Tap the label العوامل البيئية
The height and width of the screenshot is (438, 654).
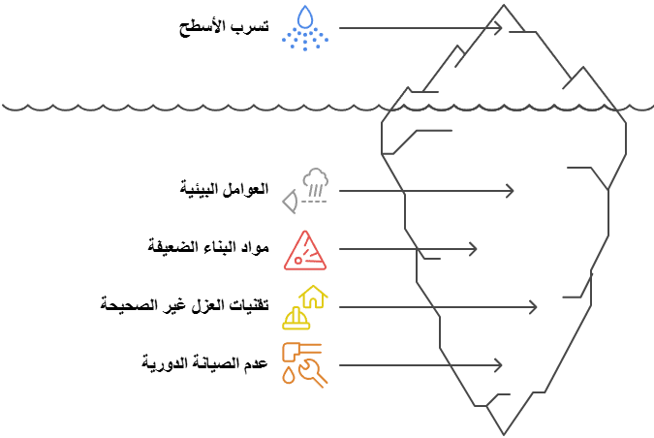(225, 187)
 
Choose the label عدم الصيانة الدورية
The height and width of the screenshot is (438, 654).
(203, 363)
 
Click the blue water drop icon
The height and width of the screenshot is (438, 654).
(306, 17)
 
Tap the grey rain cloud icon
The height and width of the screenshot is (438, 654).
(314, 181)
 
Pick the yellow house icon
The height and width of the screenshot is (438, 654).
(314, 296)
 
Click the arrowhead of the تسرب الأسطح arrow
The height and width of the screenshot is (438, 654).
(499, 28)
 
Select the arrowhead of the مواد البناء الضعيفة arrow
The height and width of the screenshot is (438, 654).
(473, 249)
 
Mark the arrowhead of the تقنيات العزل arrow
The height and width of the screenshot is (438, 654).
(532, 307)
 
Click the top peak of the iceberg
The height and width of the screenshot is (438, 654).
(504, 7)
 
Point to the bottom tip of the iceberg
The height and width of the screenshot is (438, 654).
(504, 433)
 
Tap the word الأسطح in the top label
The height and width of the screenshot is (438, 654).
(202, 26)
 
